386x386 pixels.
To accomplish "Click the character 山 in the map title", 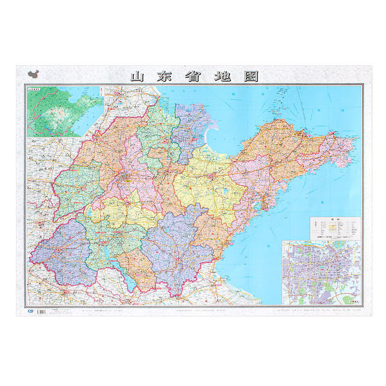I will (138, 77).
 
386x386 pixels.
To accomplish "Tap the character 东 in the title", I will (166, 77).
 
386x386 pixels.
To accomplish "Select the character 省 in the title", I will (194, 77).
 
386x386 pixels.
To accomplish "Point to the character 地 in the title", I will (222, 77).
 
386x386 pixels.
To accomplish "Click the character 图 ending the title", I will (250, 77).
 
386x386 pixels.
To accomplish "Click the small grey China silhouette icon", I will (33, 74).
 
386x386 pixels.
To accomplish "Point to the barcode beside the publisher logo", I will (42, 312).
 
